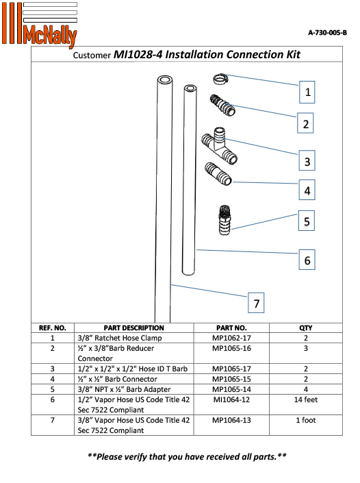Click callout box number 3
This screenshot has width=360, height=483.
(x=308, y=162)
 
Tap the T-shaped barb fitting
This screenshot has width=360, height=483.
(x=218, y=145)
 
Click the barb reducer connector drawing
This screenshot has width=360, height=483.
(x=222, y=104)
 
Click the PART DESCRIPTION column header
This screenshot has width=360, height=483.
(x=133, y=327)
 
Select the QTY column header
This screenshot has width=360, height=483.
(x=305, y=327)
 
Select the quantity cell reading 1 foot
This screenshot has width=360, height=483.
(x=305, y=420)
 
